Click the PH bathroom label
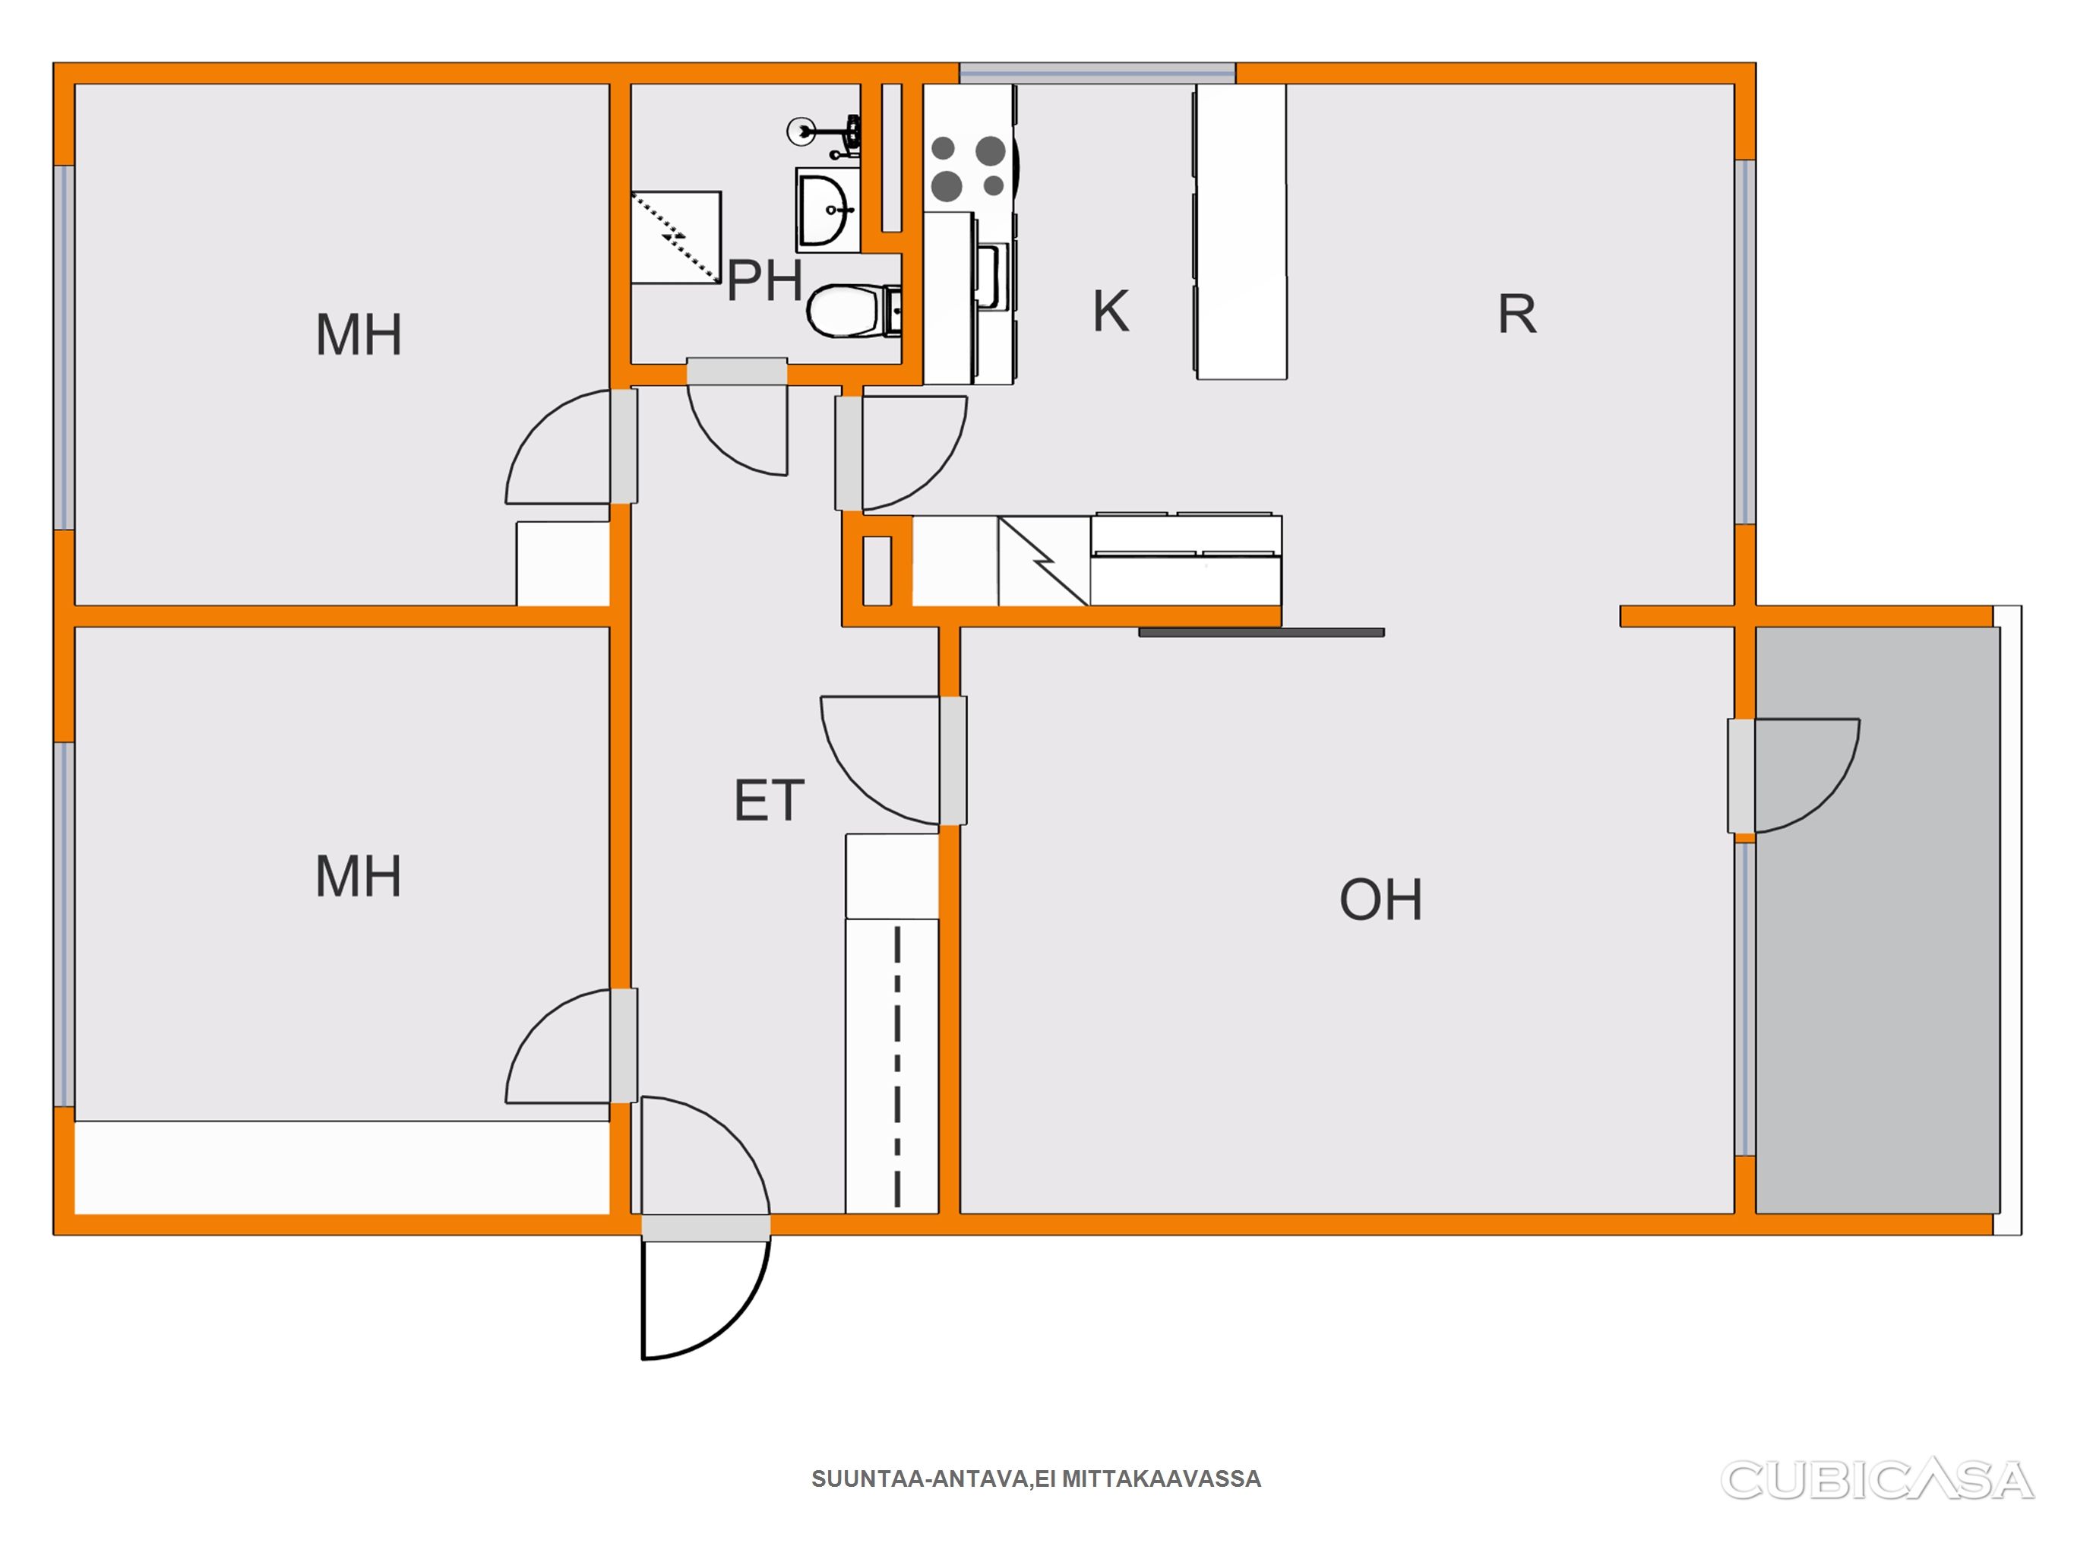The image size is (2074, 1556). point(765,280)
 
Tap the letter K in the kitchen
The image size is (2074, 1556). point(1111,311)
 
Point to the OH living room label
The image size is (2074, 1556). point(1380,900)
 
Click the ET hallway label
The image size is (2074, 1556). point(769,800)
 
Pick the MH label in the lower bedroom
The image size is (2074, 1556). point(358,876)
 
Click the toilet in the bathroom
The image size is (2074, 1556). point(854,311)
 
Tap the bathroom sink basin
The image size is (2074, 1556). point(827,210)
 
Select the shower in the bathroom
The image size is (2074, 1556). point(676,237)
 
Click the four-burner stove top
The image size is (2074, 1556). point(969,169)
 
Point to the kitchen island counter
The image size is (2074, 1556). point(1241,232)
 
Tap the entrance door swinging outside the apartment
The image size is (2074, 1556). point(705,1299)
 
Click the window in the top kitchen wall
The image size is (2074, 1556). point(1097,73)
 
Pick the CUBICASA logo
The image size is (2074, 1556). point(1876,1480)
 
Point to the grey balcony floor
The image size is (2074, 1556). point(1877,920)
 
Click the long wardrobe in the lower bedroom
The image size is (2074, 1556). point(342,1167)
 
